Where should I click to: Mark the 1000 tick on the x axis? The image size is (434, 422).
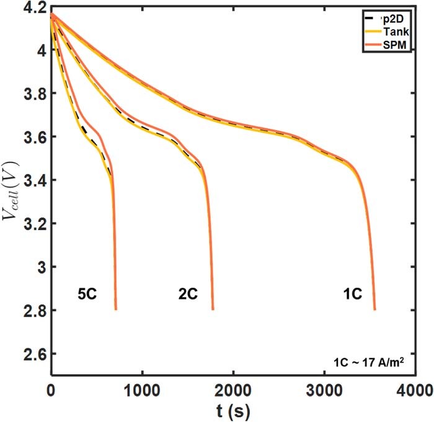(142, 391)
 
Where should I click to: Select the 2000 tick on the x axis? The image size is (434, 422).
(233, 391)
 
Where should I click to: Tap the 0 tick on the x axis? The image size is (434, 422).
(51, 391)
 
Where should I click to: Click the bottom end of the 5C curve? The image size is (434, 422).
(115, 309)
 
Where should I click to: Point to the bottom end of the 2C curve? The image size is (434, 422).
(213, 309)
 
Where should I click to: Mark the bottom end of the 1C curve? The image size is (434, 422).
(375, 309)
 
